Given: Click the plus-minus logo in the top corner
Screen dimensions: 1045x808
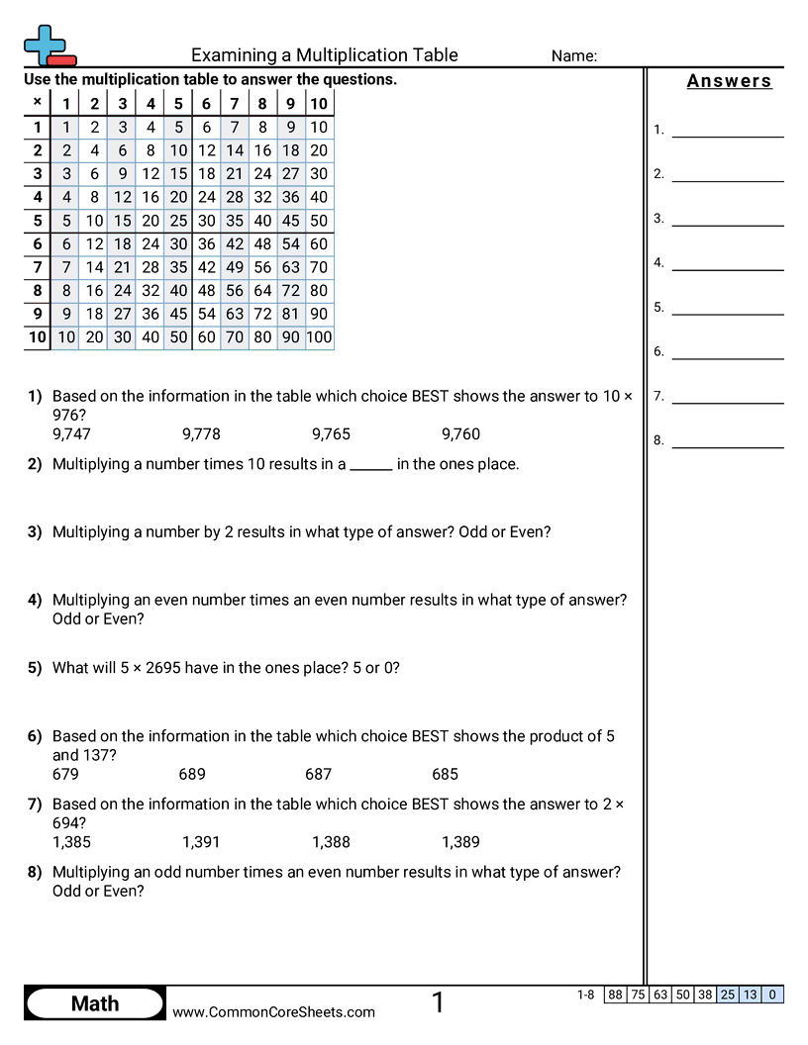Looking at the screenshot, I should [48, 46].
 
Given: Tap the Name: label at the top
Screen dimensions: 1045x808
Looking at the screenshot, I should [573, 56].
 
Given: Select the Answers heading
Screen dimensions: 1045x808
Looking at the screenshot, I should [729, 81].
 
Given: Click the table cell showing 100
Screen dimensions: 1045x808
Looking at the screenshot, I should [319, 337].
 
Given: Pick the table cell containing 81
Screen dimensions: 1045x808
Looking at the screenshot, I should [290, 314].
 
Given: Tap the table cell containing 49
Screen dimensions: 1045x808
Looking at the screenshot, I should [235, 266].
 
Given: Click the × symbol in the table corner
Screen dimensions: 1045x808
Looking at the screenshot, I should [37, 102].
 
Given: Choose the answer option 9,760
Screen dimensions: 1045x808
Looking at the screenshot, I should [460, 434].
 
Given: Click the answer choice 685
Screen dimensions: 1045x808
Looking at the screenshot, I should [445, 775].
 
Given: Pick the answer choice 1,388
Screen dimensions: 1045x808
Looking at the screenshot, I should [331, 843].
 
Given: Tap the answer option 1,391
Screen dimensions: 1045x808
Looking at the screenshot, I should [201, 843].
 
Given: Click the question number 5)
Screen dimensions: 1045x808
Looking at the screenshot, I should [35, 668].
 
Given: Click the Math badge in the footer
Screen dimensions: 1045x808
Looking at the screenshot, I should [95, 1003].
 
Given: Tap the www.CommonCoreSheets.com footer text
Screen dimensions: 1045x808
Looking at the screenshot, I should [274, 1011].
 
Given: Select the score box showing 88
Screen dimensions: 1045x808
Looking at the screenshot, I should [615, 995].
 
